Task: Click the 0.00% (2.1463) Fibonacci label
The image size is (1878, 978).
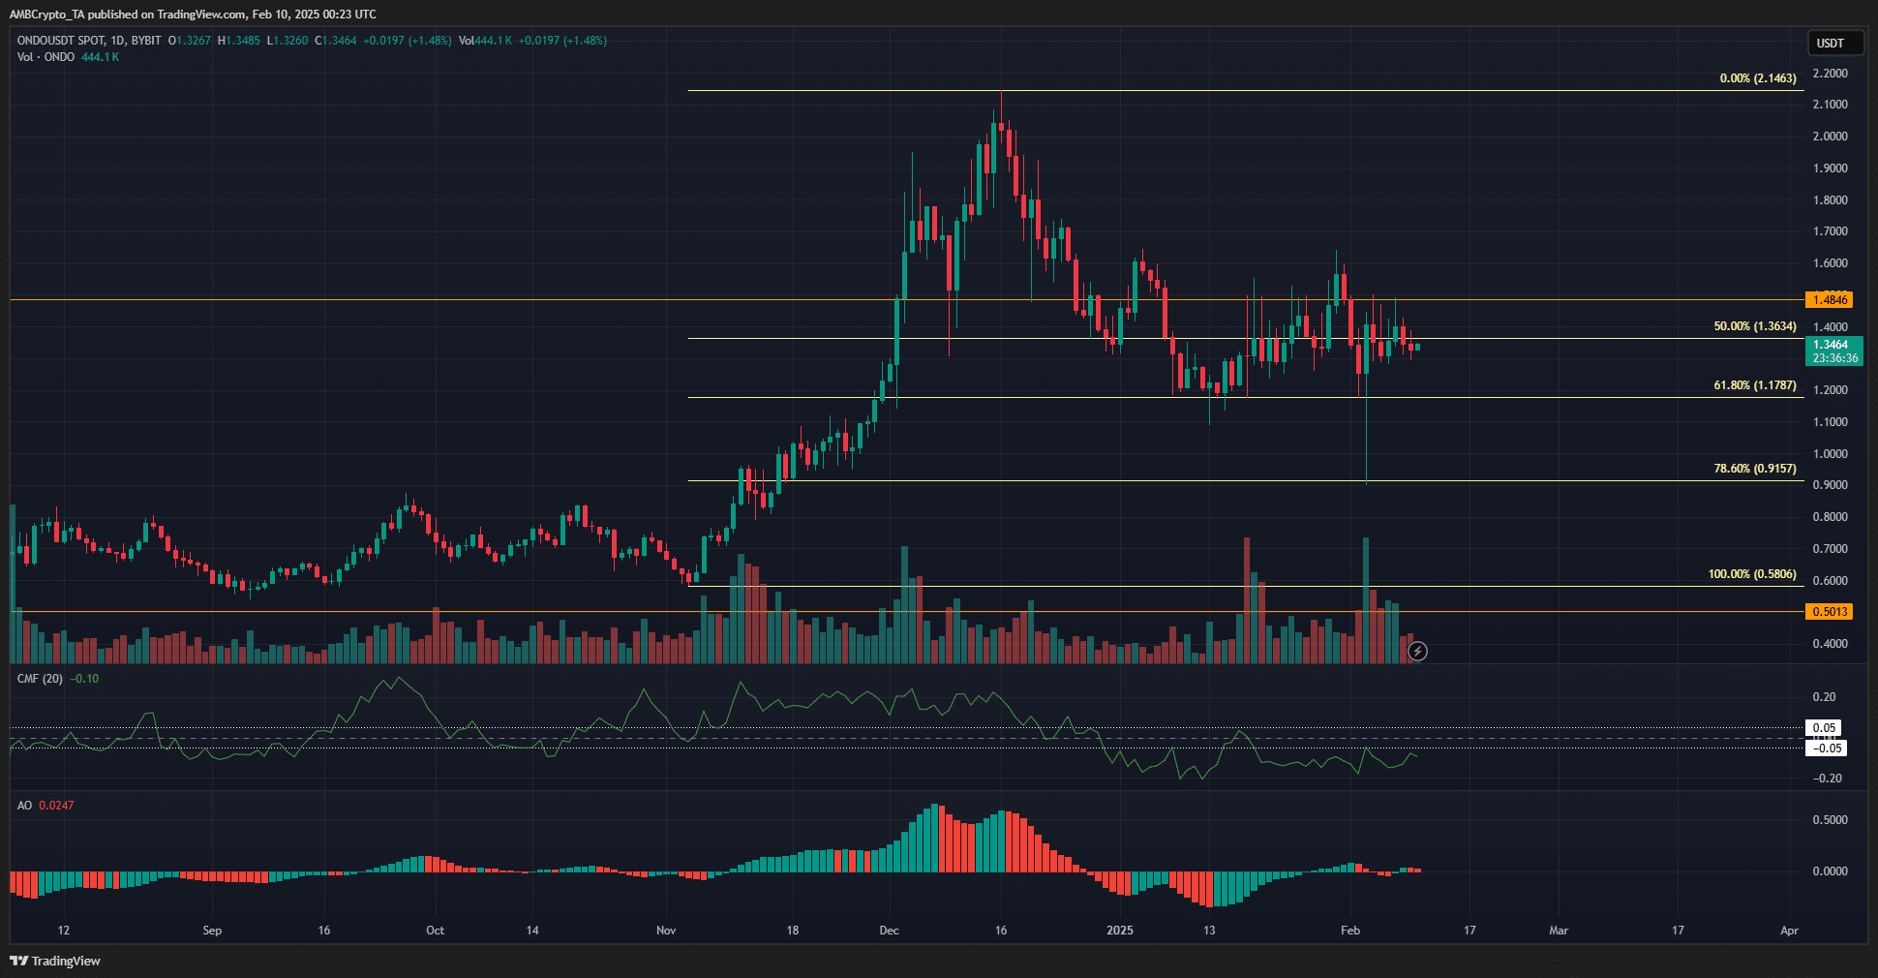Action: coord(1757,78)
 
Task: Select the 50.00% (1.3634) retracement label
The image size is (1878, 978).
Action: coord(1754,326)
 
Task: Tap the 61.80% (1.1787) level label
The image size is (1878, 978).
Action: coord(1754,385)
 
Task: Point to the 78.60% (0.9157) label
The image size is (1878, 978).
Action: coord(1754,469)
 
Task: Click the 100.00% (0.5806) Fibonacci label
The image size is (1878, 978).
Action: coord(1751,574)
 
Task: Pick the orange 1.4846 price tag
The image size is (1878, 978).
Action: coord(1830,300)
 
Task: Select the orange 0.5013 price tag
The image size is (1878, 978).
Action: coord(1830,612)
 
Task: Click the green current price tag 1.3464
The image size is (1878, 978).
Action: coord(1833,345)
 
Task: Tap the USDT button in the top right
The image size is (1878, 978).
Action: coord(1830,43)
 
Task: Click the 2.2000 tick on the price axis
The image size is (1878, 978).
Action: coord(1830,74)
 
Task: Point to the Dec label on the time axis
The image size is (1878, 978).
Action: coord(889,931)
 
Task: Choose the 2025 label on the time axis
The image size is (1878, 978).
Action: coord(1119,931)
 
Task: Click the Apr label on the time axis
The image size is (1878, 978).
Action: coord(1789,931)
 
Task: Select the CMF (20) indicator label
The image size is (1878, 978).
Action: coord(40,679)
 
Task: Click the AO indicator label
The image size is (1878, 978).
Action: coord(24,806)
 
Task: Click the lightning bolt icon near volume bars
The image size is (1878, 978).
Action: coord(1417,652)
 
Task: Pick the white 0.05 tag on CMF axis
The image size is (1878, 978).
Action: coord(1825,728)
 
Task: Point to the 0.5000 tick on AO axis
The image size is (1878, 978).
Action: coord(1830,820)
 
